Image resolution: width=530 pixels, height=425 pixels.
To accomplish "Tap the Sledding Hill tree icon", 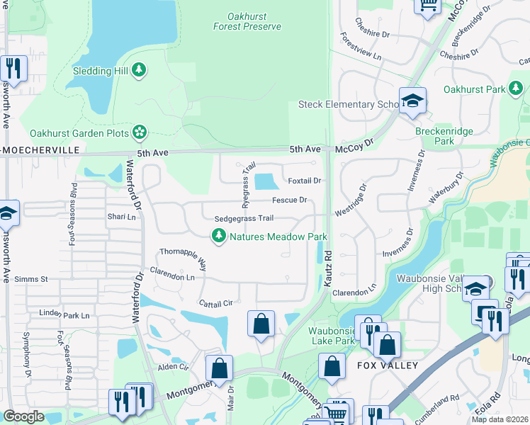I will pos(140,69).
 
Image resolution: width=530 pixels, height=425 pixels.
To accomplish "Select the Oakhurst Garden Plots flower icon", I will pos(140,132).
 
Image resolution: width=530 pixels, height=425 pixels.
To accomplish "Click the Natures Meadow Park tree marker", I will pos(220,236).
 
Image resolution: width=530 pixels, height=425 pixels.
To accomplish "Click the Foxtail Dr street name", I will pos(305,181).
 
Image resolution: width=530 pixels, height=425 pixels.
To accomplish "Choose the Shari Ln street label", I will pos(121,217).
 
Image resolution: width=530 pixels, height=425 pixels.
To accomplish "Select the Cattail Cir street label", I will pos(216,303).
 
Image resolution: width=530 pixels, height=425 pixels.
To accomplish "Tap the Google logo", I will pos(23,416).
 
